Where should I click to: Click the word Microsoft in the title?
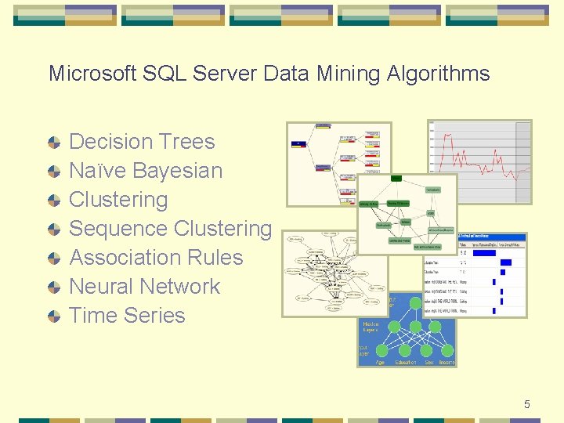(92, 74)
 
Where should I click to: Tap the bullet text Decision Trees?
(142, 142)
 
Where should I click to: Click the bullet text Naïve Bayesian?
(146, 171)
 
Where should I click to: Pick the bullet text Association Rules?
(156, 258)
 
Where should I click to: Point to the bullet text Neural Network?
(145, 287)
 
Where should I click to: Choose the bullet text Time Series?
(127, 316)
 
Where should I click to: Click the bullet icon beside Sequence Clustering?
(53, 230)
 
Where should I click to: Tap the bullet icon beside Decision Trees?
(53, 143)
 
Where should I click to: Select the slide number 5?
(527, 404)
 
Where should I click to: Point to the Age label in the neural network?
(379, 362)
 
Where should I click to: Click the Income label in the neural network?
(446, 362)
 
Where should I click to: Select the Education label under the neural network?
(406, 362)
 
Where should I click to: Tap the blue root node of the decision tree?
(298, 143)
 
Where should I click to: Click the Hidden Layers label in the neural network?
(371, 327)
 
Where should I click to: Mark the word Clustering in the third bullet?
(118, 200)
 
